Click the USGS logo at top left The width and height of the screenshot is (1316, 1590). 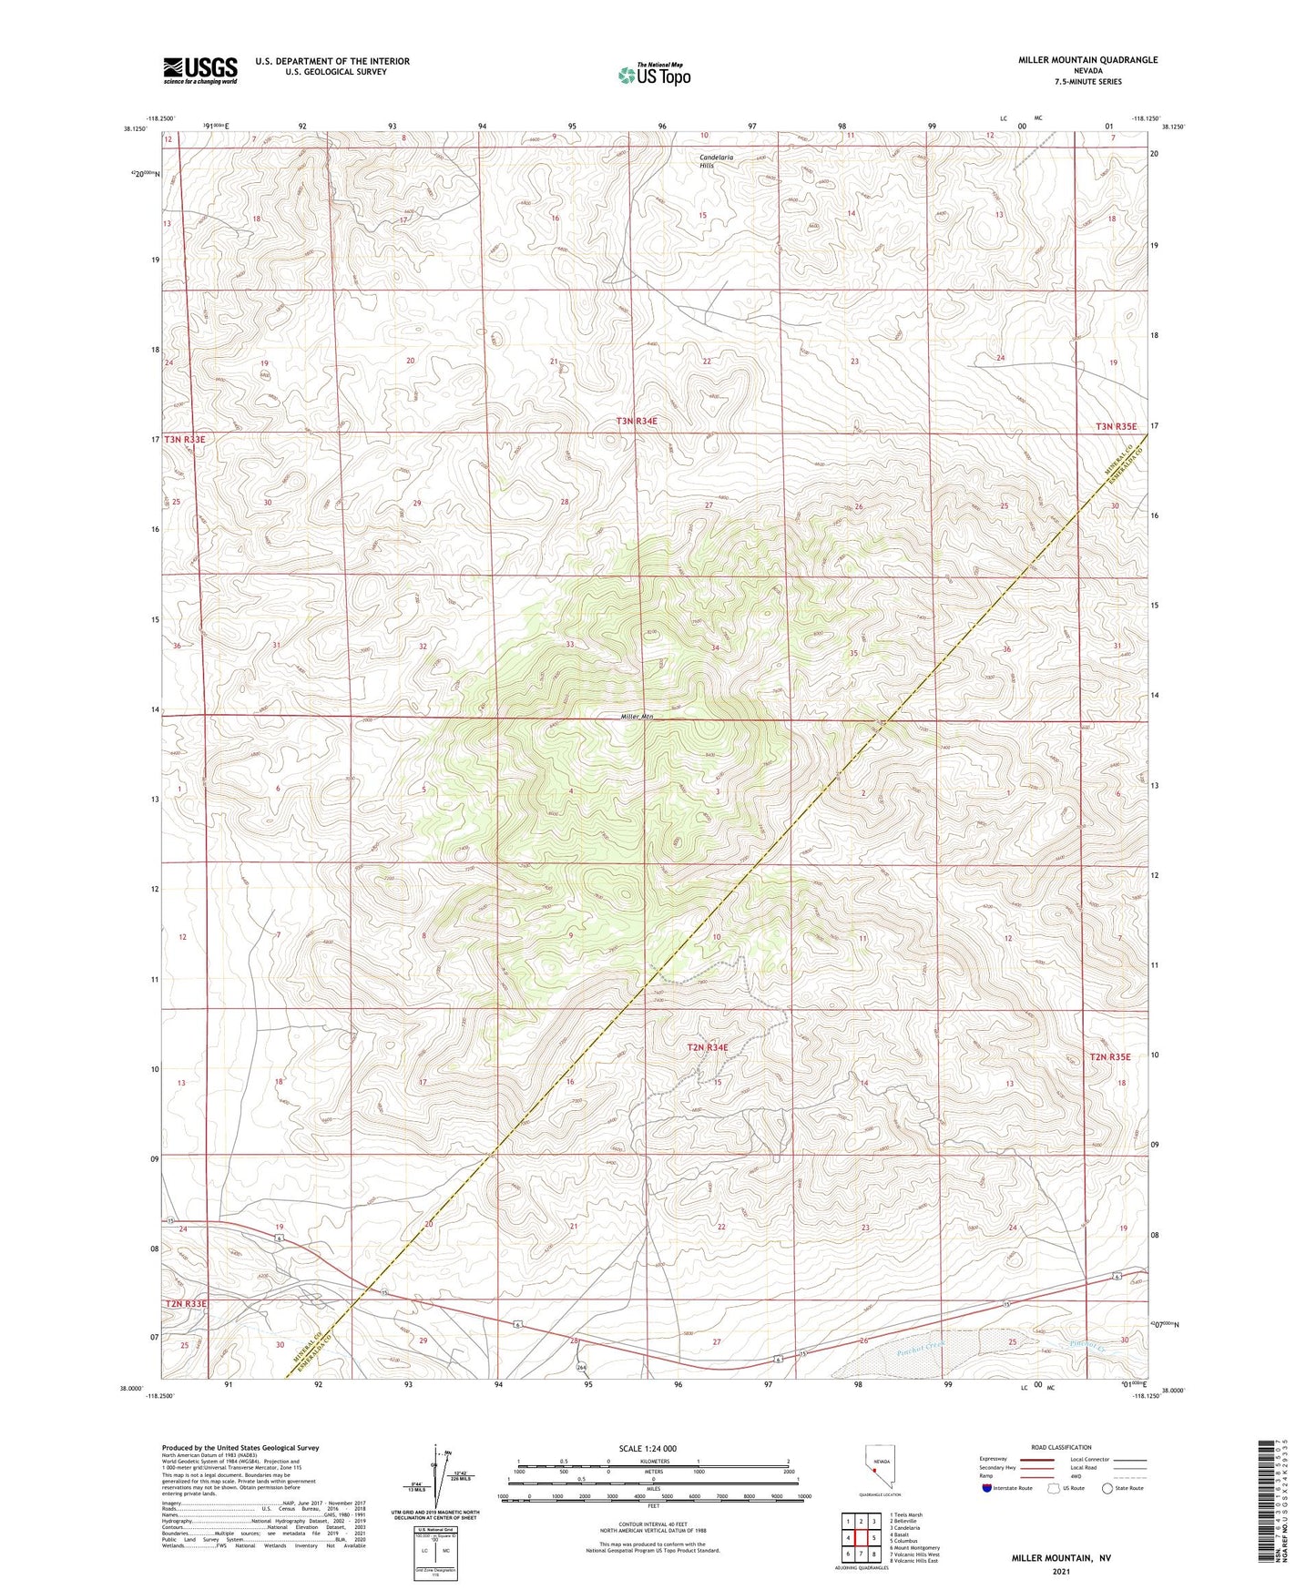[x=200, y=70]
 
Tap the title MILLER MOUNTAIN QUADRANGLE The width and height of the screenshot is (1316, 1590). [x=1087, y=60]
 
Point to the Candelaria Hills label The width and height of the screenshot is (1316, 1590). [x=717, y=161]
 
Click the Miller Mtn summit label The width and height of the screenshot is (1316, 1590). [x=638, y=716]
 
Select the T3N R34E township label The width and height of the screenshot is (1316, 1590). [x=636, y=421]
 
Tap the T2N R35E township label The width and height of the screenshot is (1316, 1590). [x=1107, y=1056]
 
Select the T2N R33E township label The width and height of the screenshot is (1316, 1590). [x=186, y=1304]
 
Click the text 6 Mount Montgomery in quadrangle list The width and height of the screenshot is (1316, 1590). [x=914, y=1547]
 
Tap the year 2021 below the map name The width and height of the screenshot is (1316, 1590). [x=1061, y=1571]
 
